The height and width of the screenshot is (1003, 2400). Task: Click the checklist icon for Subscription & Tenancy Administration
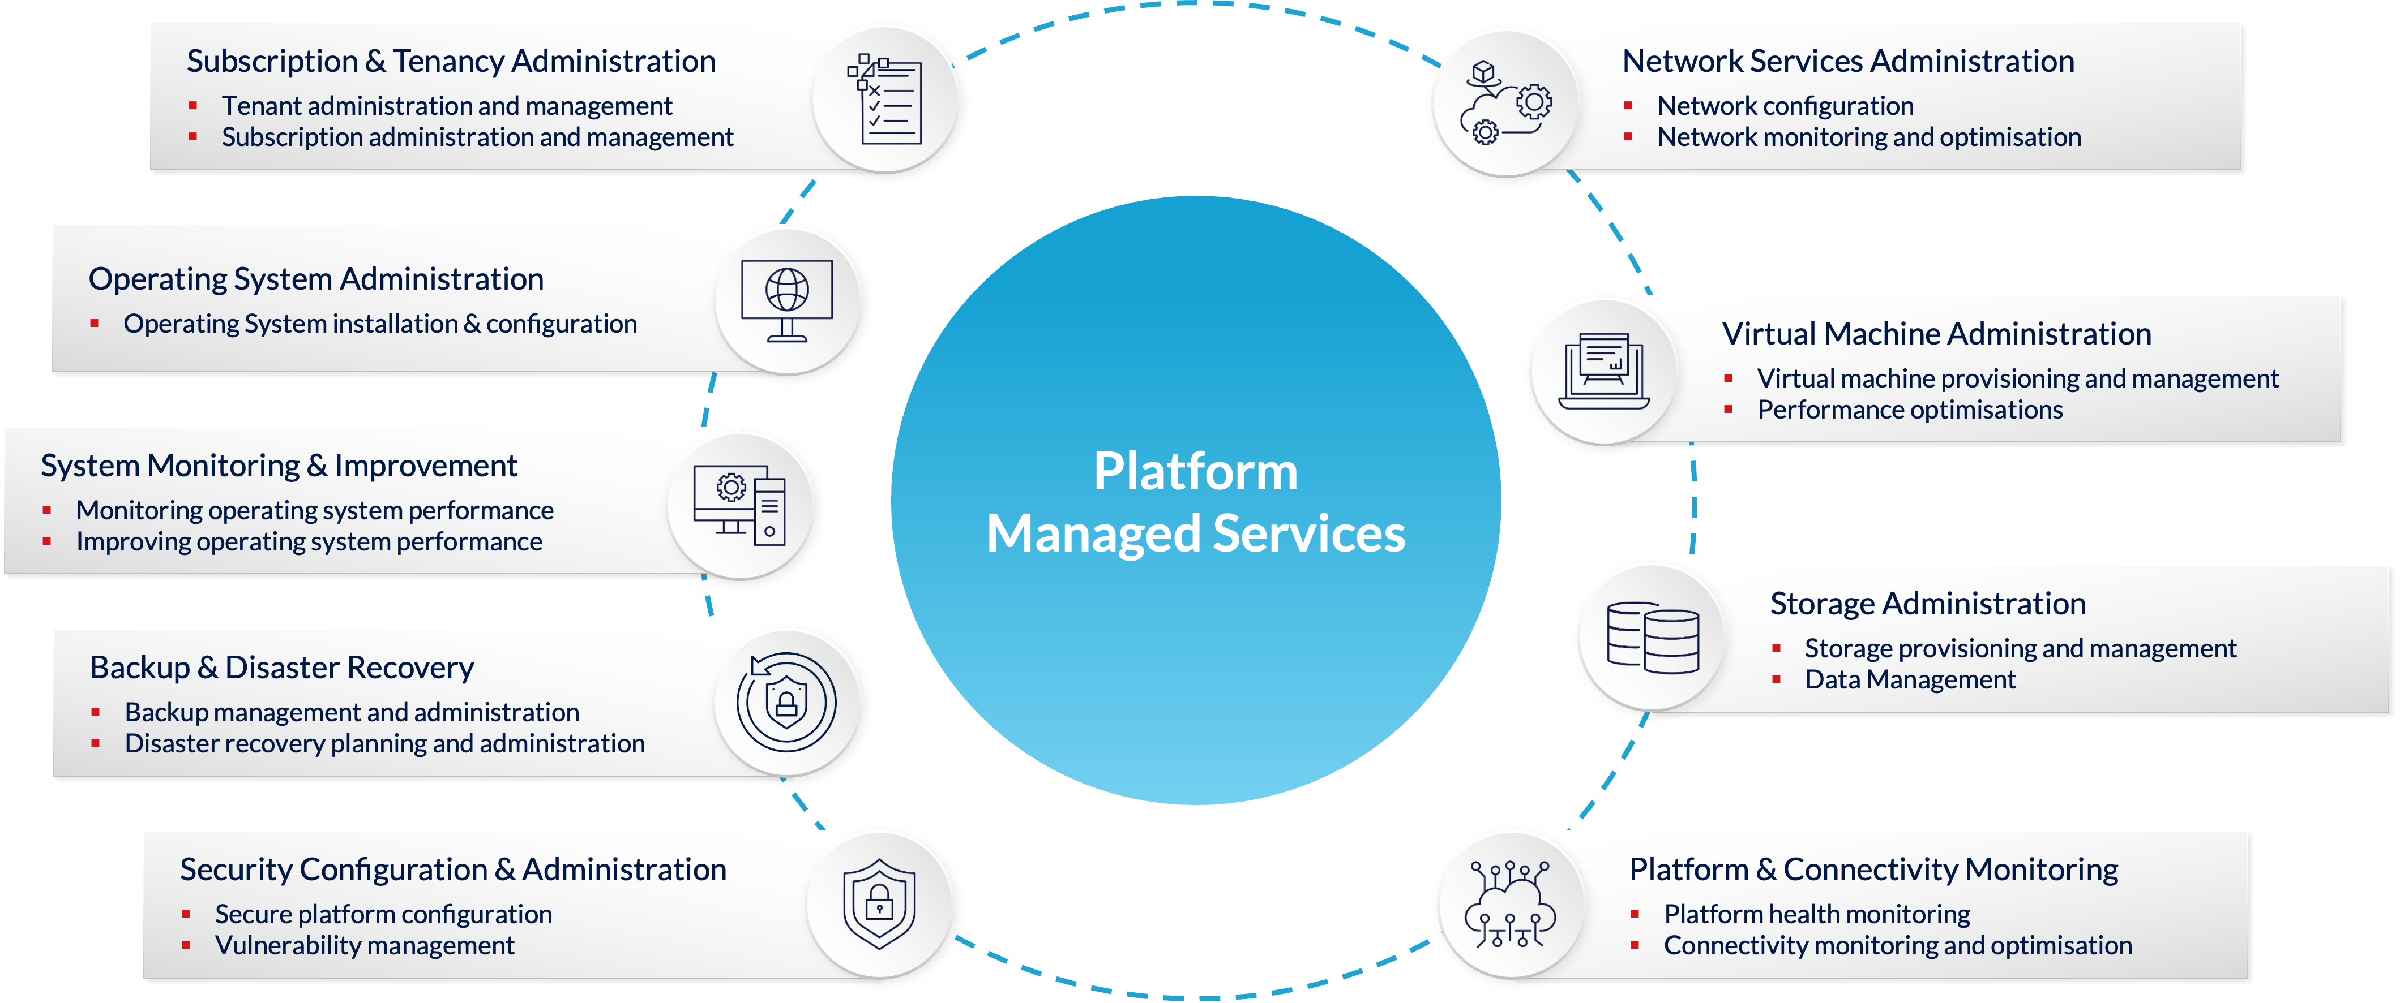pos(885,100)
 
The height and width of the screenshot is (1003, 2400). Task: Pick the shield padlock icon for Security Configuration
pos(879,903)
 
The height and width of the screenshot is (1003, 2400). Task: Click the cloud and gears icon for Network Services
pos(1505,102)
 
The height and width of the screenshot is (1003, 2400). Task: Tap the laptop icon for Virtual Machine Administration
pos(1603,371)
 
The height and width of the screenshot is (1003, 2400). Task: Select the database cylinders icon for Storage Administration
pos(1652,638)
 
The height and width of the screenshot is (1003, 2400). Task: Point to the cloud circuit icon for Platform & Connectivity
pos(1509,903)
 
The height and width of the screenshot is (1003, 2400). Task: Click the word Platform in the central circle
pos(1195,471)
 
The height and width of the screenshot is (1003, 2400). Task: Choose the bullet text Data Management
pos(1909,680)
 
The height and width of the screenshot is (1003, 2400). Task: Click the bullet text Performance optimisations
pos(1909,410)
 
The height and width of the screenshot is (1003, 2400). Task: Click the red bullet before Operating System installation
pos(94,324)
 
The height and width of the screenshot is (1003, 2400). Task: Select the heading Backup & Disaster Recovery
pos(281,668)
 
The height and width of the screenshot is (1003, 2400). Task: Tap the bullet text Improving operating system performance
pos(309,542)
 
